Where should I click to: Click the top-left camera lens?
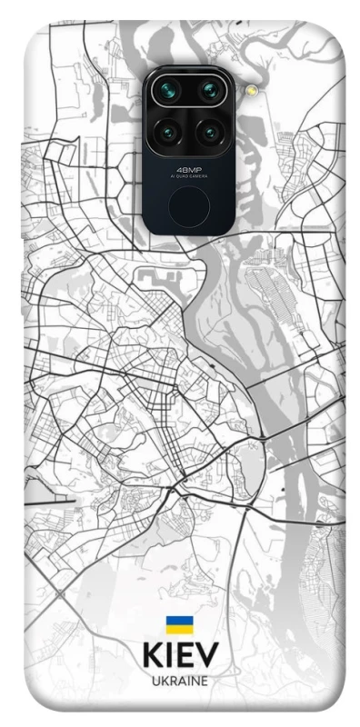click(169, 91)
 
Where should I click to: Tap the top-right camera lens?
click(210, 91)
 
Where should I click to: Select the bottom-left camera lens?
click(169, 134)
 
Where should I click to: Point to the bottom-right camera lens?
click(210, 134)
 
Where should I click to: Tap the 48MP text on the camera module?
click(189, 168)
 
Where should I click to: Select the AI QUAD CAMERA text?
click(189, 175)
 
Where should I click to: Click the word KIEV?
click(180, 656)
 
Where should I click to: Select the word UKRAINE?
click(180, 681)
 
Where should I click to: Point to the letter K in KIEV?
click(152, 656)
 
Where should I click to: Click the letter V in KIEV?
click(208, 656)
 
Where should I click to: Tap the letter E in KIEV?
click(185, 656)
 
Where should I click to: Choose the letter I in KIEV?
click(169, 656)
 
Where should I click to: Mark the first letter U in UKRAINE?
click(155, 681)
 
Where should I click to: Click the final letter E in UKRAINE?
click(205, 681)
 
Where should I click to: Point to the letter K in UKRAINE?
click(164, 681)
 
